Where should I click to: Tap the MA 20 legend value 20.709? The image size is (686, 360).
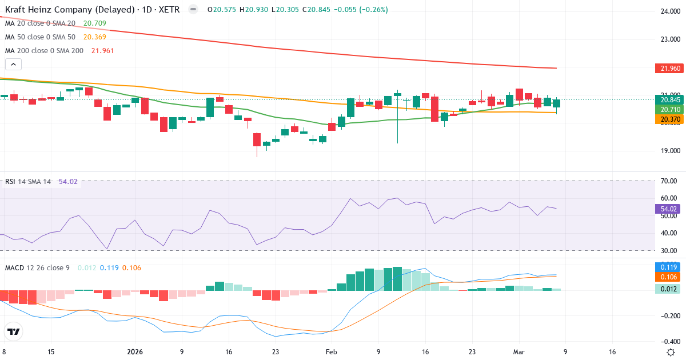coord(94,23)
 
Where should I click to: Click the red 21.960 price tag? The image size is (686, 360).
coord(668,69)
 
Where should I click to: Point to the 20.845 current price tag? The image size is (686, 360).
coord(668,99)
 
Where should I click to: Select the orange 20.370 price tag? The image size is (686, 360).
coord(668,118)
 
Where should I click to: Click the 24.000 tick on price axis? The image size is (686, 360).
coord(669,11)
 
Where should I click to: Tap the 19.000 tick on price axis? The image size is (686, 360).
coord(669,151)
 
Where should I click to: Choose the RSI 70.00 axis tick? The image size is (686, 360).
coord(668,181)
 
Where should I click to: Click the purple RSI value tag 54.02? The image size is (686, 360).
coord(668,209)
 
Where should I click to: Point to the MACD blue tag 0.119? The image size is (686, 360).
coord(668,267)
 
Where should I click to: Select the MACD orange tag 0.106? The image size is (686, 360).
coord(668,277)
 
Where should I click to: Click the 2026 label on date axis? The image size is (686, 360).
coord(134,352)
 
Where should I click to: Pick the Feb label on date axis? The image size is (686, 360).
coord(332,352)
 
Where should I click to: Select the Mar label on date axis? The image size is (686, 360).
coord(519,352)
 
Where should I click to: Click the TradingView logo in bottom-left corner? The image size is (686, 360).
coord(14,331)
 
